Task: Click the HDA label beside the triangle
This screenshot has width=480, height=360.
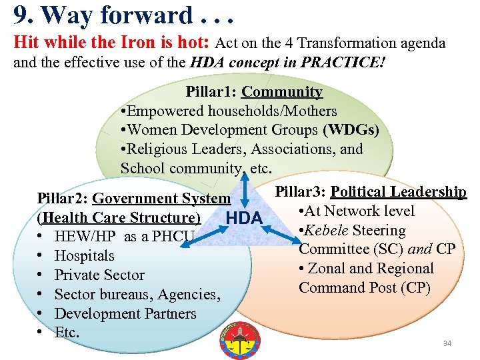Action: tap(245, 219)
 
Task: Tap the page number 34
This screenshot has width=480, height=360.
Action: tap(447, 343)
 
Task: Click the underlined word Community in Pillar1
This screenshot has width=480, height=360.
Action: tap(282, 92)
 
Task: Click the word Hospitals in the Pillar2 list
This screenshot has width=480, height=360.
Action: tap(84, 256)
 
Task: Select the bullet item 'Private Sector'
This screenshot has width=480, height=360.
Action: tap(99, 275)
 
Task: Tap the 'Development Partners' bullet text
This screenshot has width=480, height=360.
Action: tap(125, 314)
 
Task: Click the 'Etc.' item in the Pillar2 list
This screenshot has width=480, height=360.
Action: tap(67, 333)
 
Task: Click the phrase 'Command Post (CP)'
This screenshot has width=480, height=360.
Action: tap(365, 288)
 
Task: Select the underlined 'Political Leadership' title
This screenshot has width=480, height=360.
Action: tap(398, 192)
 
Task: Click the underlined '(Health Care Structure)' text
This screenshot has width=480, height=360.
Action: tap(119, 218)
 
